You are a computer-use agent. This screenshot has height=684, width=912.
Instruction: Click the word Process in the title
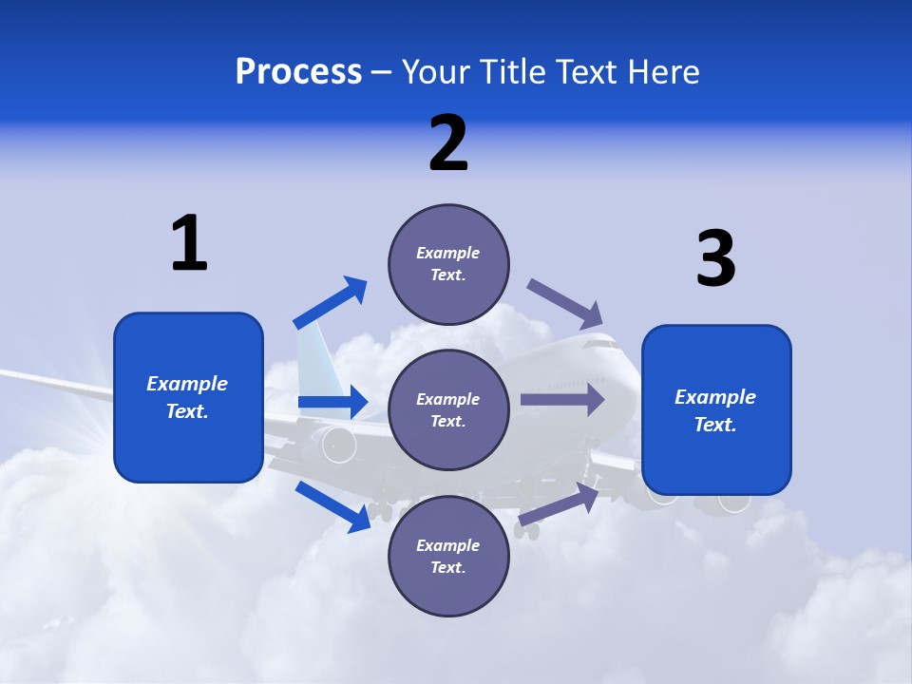pyautogui.click(x=298, y=72)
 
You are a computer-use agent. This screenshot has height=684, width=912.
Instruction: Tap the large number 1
pyautogui.click(x=189, y=244)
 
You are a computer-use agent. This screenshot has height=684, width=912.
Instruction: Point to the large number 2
pyautogui.click(x=448, y=143)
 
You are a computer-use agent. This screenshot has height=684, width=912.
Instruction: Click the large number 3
pyautogui.click(x=715, y=259)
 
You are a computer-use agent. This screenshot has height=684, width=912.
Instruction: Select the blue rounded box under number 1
pyautogui.click(x=188, y=397)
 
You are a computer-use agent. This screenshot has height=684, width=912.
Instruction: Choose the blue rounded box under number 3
pyautogui.click(x=716, y=410)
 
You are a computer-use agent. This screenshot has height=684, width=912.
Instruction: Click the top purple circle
pyautogui.click(x=448, y=263)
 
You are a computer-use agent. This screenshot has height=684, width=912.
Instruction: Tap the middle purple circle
pyautogui.click(x=448, y=409)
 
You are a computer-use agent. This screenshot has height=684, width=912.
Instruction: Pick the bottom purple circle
pyautogui.click(x=448, y=556)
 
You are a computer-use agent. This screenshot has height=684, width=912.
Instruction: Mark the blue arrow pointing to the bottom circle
pyautogui.click(x=332, y=505)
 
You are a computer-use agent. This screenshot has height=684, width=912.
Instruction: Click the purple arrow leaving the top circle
pyautogui.click(x=564, y=303)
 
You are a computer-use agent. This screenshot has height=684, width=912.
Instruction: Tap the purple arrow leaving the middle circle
pyautogui.click(x=562, y=399)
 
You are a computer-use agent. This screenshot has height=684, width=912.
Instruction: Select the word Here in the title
pyautogui.click(x=665, y=72)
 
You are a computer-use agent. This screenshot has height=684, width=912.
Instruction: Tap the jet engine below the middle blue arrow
pyautogui.click(x=337, y=444)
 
